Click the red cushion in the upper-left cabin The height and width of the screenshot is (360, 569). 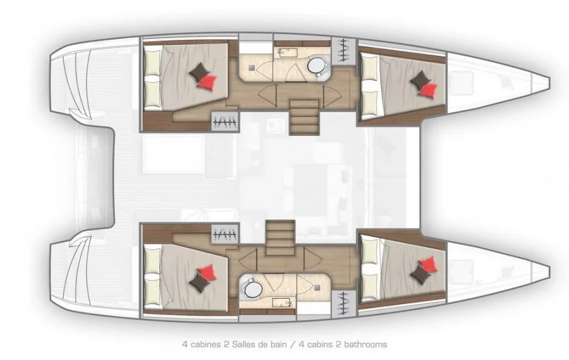tap(207, 82)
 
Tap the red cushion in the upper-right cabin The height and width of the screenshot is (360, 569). tap(429, 90)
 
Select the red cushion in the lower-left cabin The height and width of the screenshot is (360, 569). tap(207, 272)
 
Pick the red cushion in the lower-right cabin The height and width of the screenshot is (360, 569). tap(428, 264)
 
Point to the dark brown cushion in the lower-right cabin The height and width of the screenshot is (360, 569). tap(421, 274)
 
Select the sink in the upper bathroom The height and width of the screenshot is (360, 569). tap(286, 53)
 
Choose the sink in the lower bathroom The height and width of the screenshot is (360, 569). tap(281, 302)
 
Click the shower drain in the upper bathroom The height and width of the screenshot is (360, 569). tap(252, 68)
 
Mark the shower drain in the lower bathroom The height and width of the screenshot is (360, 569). tap(317, 287)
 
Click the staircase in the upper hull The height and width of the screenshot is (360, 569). tap(304, 117)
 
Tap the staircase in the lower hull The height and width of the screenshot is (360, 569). tap(280, 238)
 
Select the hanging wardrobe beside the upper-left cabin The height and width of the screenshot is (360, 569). tap(225, 121)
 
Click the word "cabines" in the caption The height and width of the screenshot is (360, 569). tap(205, 344)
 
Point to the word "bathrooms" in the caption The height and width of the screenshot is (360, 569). tap(365, 344)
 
